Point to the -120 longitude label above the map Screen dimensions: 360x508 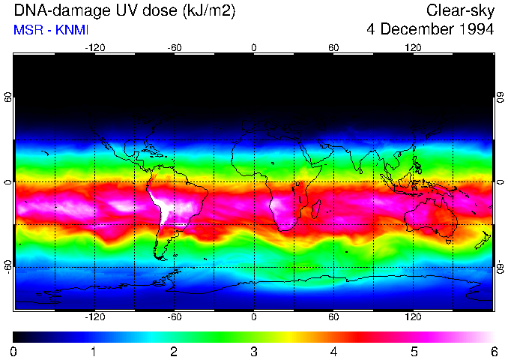[x=94, y=47]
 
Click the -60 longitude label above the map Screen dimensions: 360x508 [x=175, y=47]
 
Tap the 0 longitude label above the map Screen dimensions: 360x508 [x=254, y=47]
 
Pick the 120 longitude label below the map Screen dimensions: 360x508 [x=413, y=317]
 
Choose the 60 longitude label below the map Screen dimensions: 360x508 [x=333, y=317]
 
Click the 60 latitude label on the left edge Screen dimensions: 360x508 [x=8, y=98]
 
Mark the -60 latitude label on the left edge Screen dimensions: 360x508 [x=8, y=266]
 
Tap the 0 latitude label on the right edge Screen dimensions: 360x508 [x=500, y=182]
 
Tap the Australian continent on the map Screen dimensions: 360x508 [x=431, y=217]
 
